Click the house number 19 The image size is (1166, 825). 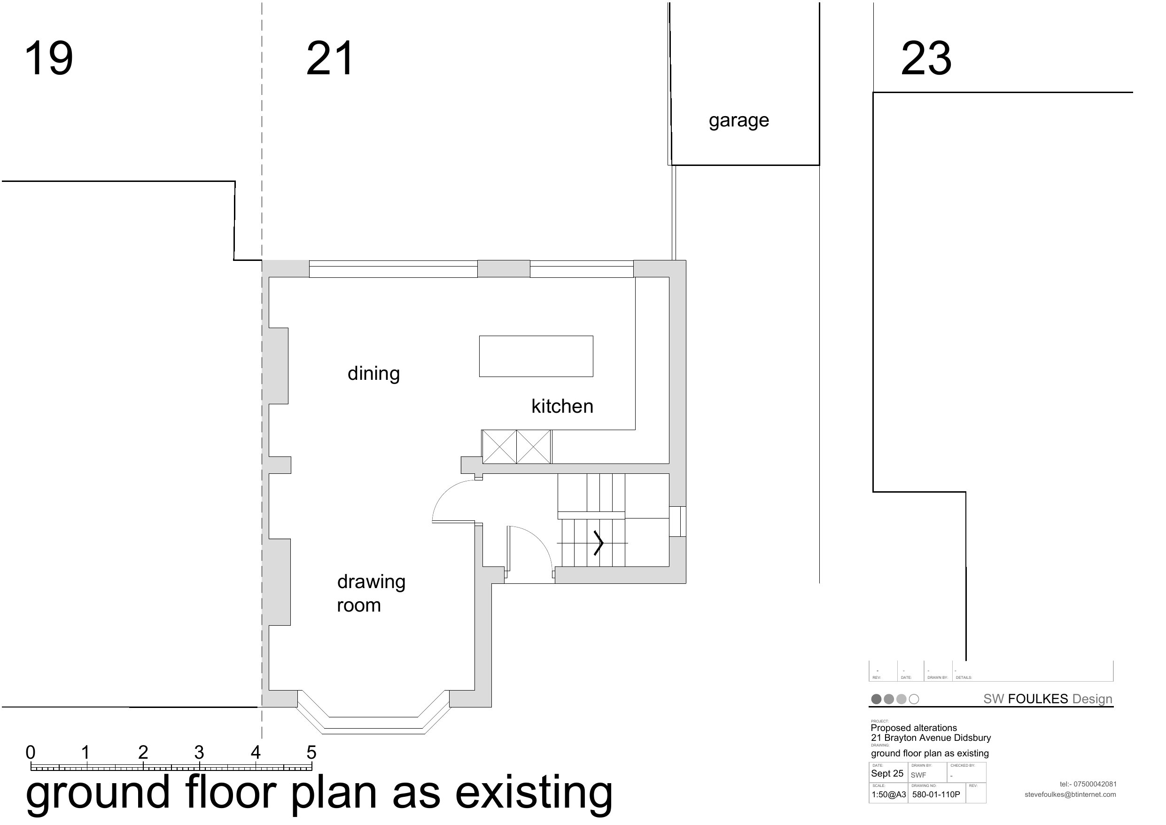point(49,58)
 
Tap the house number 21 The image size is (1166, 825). point(330,58)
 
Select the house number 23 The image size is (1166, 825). point(926,58)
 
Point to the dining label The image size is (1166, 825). point(374,374)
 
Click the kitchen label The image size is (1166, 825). point(562,406)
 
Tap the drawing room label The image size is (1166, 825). point(371,593)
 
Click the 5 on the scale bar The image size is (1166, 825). point(311,752)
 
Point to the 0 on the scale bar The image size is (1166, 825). point(31,752)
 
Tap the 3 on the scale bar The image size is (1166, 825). point(199,752)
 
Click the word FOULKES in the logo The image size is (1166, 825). point(1038,699)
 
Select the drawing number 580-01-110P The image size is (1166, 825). point(936,794)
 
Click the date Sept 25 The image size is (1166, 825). point(887,774)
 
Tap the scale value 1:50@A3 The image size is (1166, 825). point(889,794)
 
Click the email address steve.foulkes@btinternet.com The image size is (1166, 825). point(1070,794)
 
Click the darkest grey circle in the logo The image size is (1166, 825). point(876,699)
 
